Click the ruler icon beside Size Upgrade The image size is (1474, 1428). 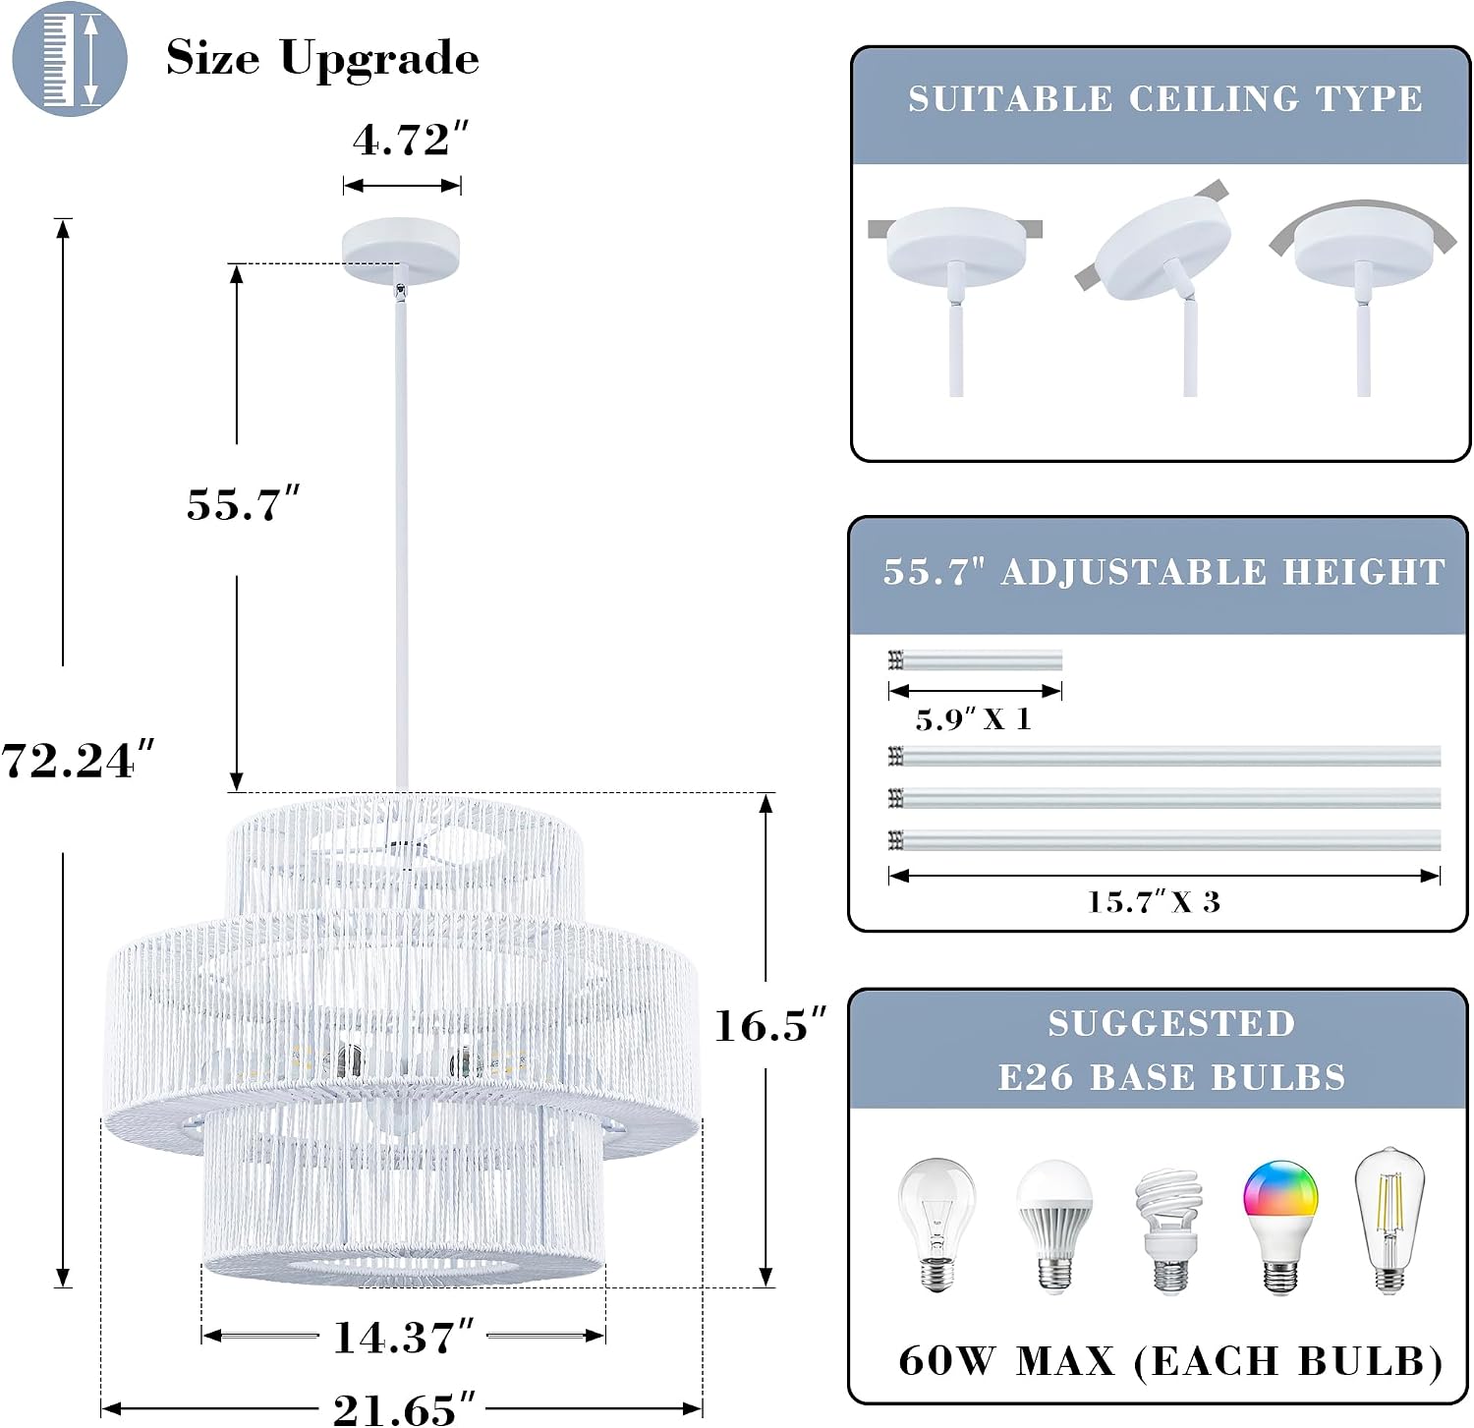[70, 59]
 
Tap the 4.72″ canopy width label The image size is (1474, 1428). [411, 141]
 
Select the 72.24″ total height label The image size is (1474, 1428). [79, 761]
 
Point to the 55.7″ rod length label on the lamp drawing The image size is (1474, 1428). [243, 504]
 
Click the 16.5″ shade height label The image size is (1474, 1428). [770, 1025]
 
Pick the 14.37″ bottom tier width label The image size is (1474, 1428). [404, 1337]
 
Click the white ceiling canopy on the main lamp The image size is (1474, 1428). [401, 251]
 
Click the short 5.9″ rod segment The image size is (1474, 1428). [975, 660]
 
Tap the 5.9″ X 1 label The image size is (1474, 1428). [973, 719]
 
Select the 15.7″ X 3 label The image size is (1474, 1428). [1154, 901]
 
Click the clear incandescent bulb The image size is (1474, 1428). [936, 1225]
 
